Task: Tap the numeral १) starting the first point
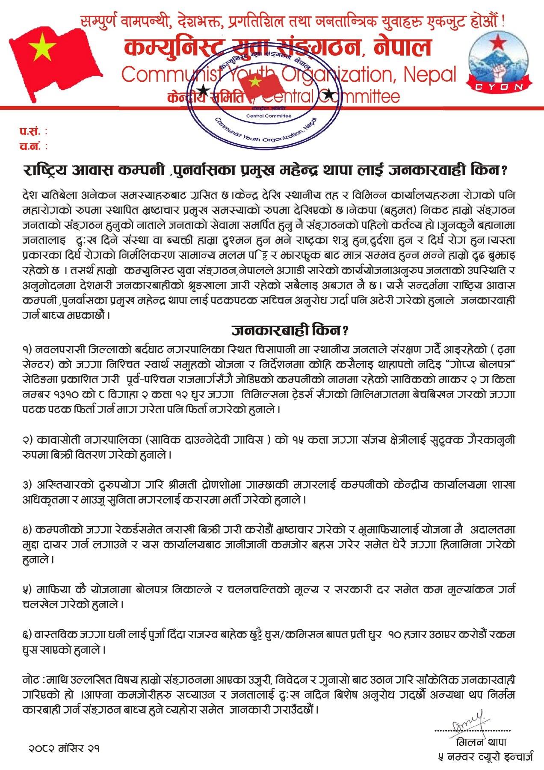(29, 349)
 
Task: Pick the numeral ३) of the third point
(29, 486)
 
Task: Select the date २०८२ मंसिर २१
(64, 748)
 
